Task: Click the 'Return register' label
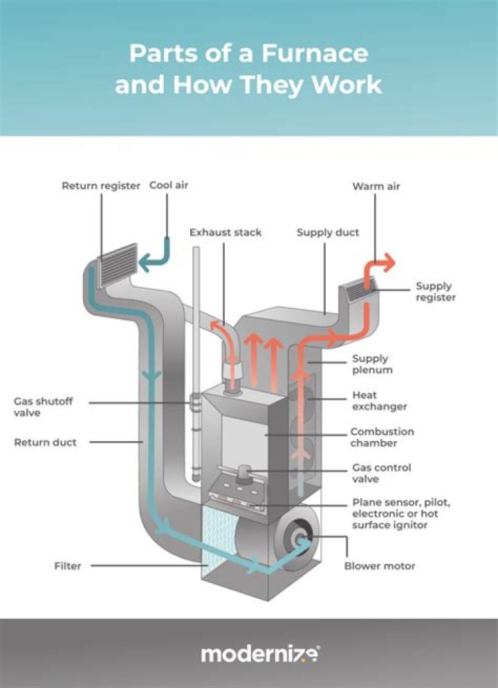point(101,186)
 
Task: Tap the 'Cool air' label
point(169,186)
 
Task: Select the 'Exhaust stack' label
point(225,232)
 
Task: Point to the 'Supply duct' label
point(328,232)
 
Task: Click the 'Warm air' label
point(376,187)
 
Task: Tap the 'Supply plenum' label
point(372,364)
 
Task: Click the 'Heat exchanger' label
point(379,400)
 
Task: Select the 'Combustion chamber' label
point(382,437)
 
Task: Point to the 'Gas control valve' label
point(381,473)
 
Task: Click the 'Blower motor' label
point(380,566)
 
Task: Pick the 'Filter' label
point(68,566)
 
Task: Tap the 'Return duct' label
point(45,442)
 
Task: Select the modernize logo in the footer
point(260,654)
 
